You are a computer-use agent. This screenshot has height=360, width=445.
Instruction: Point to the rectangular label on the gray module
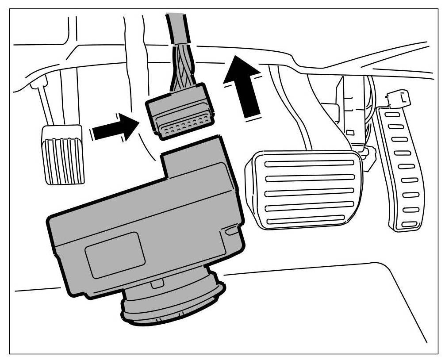tap(115, 254)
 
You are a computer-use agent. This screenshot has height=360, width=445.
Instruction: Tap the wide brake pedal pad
tap(305, 190)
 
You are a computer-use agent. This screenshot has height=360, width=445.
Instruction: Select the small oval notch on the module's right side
tap(231, 230)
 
